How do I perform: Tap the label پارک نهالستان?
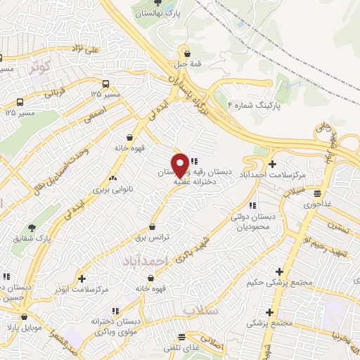click(x=159, y=13)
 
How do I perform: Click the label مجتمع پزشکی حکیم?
click(x=279, y=284)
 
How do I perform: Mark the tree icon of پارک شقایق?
click(x=32, y=228)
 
